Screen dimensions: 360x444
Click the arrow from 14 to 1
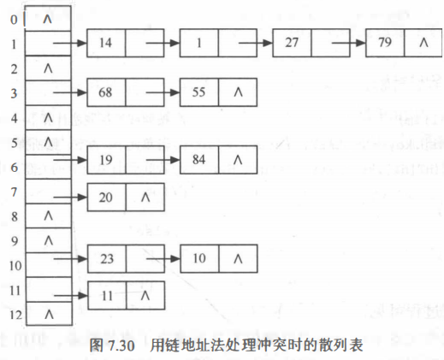click(x=162, y=41)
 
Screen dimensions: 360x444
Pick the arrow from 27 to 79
click(x=347, y=41)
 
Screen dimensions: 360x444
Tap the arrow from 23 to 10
click(x=162, y=256)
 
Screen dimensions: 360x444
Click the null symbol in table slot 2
click(x=47, y=66)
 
